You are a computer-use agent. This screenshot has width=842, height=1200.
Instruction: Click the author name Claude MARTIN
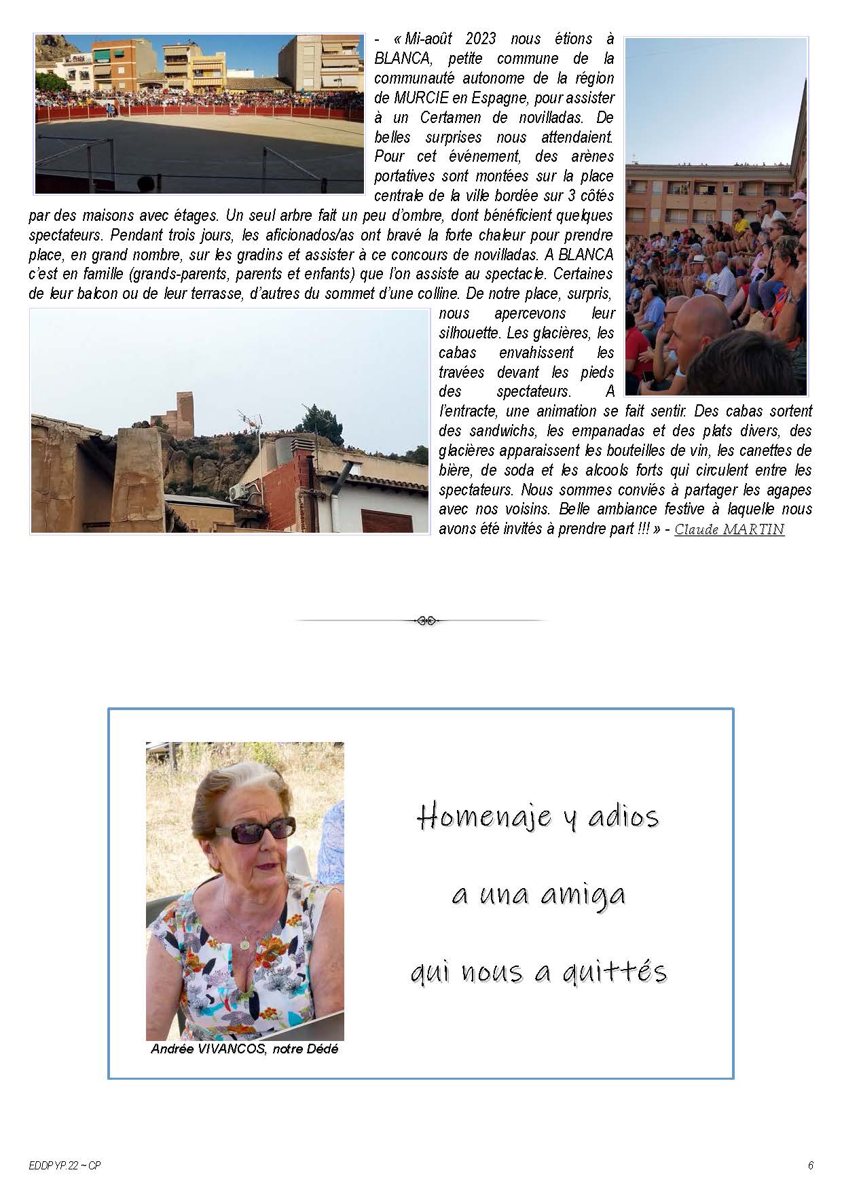point(729,529)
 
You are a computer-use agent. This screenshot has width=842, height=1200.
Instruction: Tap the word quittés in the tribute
point(619,972)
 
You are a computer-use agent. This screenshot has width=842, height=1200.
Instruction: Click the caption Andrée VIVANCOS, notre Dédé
point(244,1049)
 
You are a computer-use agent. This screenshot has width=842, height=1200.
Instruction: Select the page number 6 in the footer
point(810,1165)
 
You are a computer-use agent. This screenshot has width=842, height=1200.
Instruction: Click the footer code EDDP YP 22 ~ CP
point(65,1165)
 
